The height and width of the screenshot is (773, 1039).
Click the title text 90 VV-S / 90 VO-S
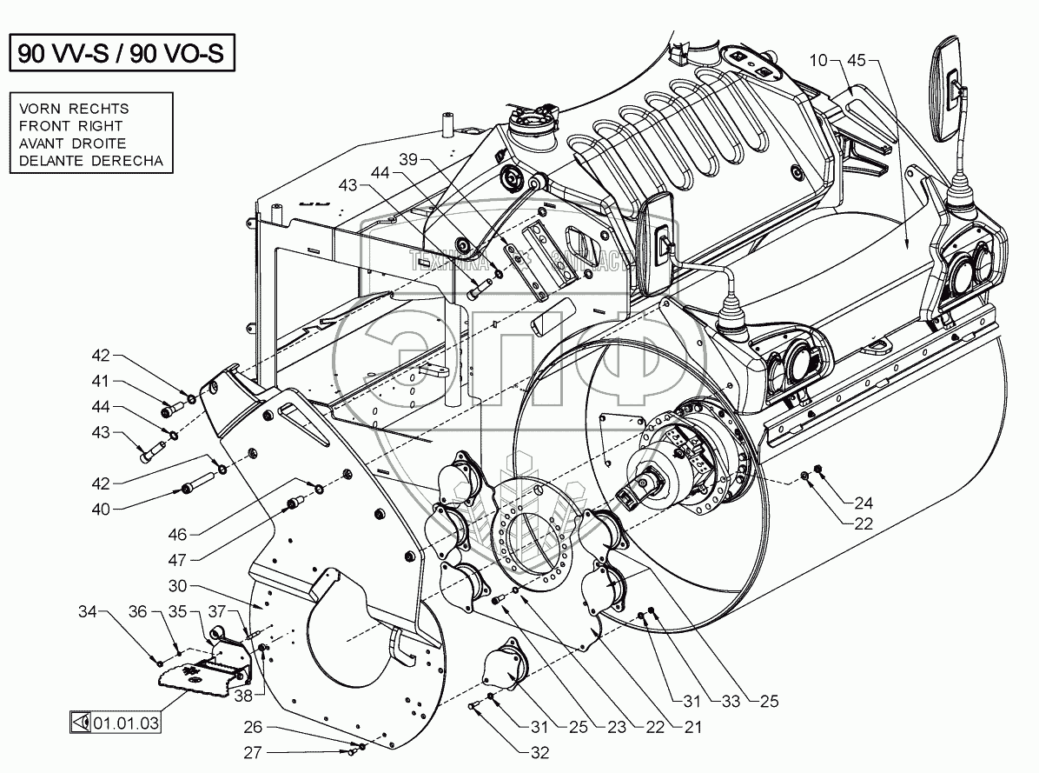click(x=122, y=55)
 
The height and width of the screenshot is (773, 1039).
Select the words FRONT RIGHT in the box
click(x=71, y=126)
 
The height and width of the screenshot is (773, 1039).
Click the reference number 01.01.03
click(x=126, y=721)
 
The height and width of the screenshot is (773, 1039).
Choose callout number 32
click(x=539, y=753)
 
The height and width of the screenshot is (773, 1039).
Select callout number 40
click(x=102, y=509)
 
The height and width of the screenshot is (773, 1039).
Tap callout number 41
click(x=102, y=381)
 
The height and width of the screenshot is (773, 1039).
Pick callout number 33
click(x=725, y=700)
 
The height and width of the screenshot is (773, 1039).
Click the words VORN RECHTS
click(x=73, y=109)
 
